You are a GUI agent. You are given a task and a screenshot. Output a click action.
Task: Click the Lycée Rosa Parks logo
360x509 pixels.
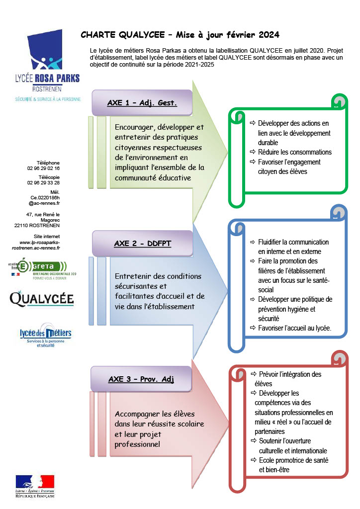pyautogui.click(x=47, y=66)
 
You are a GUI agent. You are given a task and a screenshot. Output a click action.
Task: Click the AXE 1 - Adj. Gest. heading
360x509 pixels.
pyautogui.click(x=142, y=103)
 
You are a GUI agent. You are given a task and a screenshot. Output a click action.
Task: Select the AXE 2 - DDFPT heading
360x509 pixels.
pyautogui.click(x=143, y=244)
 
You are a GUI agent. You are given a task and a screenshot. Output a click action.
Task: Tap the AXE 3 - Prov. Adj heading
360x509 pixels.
pyautogui.click(x=141, y=379)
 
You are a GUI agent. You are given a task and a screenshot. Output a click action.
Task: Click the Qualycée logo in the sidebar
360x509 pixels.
pyautogui.click(x=42, y=299)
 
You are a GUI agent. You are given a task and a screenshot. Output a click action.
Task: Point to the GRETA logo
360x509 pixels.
pyautogui.click(x=42, y=269)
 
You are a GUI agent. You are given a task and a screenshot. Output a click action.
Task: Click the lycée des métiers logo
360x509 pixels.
pyautogui.click(x=45, y=336)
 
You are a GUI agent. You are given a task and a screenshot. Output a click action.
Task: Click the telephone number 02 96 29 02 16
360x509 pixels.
pyautogui.click(x=43, y=168)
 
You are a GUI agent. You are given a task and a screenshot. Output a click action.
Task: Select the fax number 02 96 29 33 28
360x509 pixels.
pyautogui.click(x=43, y=183)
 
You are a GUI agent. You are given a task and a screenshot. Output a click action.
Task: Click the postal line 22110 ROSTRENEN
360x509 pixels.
pyautogui.click(x=37, y=225)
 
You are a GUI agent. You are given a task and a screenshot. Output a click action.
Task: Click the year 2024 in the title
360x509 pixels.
pyautogui.click(x=269, y=35)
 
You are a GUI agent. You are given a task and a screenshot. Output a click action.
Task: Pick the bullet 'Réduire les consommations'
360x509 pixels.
pyautogui.click(x=295, y=152)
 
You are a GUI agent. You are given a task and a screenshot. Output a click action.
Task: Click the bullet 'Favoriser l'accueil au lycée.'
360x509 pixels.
pyautogui.click(x=295, y=328)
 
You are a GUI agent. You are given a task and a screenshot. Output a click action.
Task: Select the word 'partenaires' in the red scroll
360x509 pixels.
pyautogui.click(x=270, y=432)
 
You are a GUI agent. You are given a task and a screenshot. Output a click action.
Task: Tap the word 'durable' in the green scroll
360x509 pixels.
pyautogui.click(x=268, y=143)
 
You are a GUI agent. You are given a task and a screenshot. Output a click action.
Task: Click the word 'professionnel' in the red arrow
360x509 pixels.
pyautogui.click(x=137, y=444)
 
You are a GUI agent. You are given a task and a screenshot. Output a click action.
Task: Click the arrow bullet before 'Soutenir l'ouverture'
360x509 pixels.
pyautogui.click(x=254, y=441)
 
